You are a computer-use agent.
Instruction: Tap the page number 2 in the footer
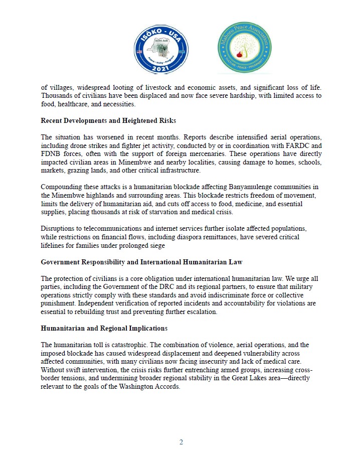point(182,442)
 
